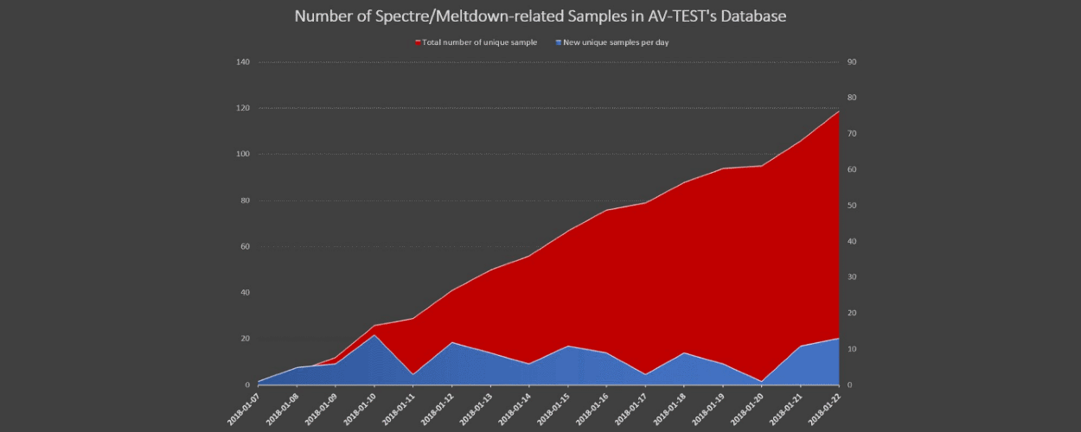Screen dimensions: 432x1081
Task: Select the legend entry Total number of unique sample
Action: [479, 42]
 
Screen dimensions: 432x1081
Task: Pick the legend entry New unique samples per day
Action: [616, 42]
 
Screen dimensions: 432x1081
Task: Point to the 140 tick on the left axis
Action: [242, 62]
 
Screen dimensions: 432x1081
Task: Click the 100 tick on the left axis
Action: [242, 155]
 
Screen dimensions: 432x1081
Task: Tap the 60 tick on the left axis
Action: [244, 246]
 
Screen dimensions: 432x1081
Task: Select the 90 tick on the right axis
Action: [852, 62]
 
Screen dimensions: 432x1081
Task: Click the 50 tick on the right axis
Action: [852, 206]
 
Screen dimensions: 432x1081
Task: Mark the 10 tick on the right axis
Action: [852, 349]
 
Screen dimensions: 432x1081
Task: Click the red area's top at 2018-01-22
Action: [838, 111]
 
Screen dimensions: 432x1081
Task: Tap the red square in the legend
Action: [418, 42]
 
